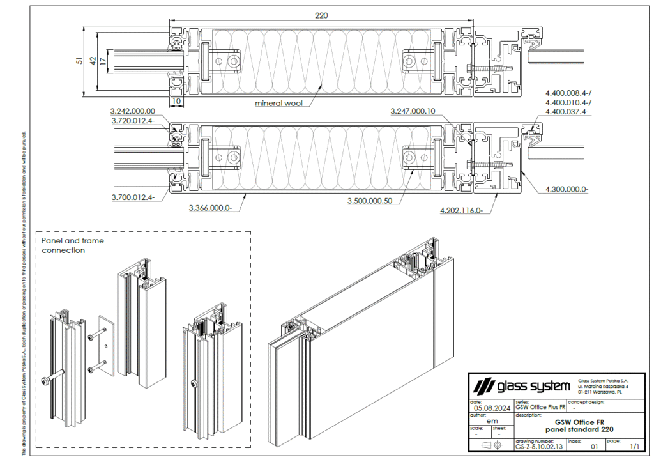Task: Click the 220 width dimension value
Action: pyautogui.click(x=321, y=15)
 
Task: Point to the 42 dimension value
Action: pyautogui.click(x=93, y=60)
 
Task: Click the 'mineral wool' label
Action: pyautogui.click(x=278, y=103)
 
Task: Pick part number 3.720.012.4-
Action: pyautogui.click(x=133, y=120)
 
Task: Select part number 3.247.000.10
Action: pyautogui.click(x=413, y=111)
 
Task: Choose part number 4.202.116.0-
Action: pyautogui.click(x=462, y=210)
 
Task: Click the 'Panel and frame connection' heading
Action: pyautogui.click(x=72, y=245)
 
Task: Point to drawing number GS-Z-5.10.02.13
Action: pyautogui.click(x=539, y=447)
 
